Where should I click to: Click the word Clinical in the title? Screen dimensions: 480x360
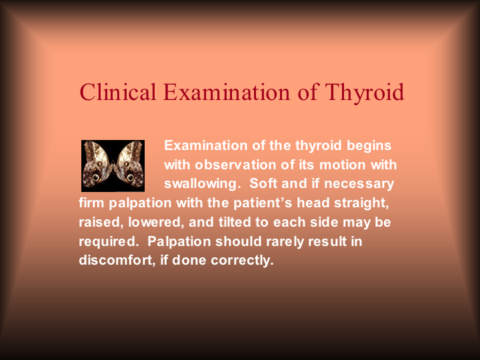[118, 91]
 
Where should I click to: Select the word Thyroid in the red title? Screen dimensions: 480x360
[365, 93]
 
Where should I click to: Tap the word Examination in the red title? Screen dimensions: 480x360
[227, 91]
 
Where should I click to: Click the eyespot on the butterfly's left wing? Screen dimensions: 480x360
[96, 177]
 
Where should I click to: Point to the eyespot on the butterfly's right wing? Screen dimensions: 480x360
[131, 177]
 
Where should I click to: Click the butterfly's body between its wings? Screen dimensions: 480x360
[113, 167]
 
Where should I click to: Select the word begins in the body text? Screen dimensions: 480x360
[369, 146]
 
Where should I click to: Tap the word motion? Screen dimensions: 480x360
[342, 165]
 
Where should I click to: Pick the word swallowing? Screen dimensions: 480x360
[201, 185]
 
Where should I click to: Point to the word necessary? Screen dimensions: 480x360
[359, 185]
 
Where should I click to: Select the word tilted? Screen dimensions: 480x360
[235, 222]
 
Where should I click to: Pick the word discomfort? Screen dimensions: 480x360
[117, 260]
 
